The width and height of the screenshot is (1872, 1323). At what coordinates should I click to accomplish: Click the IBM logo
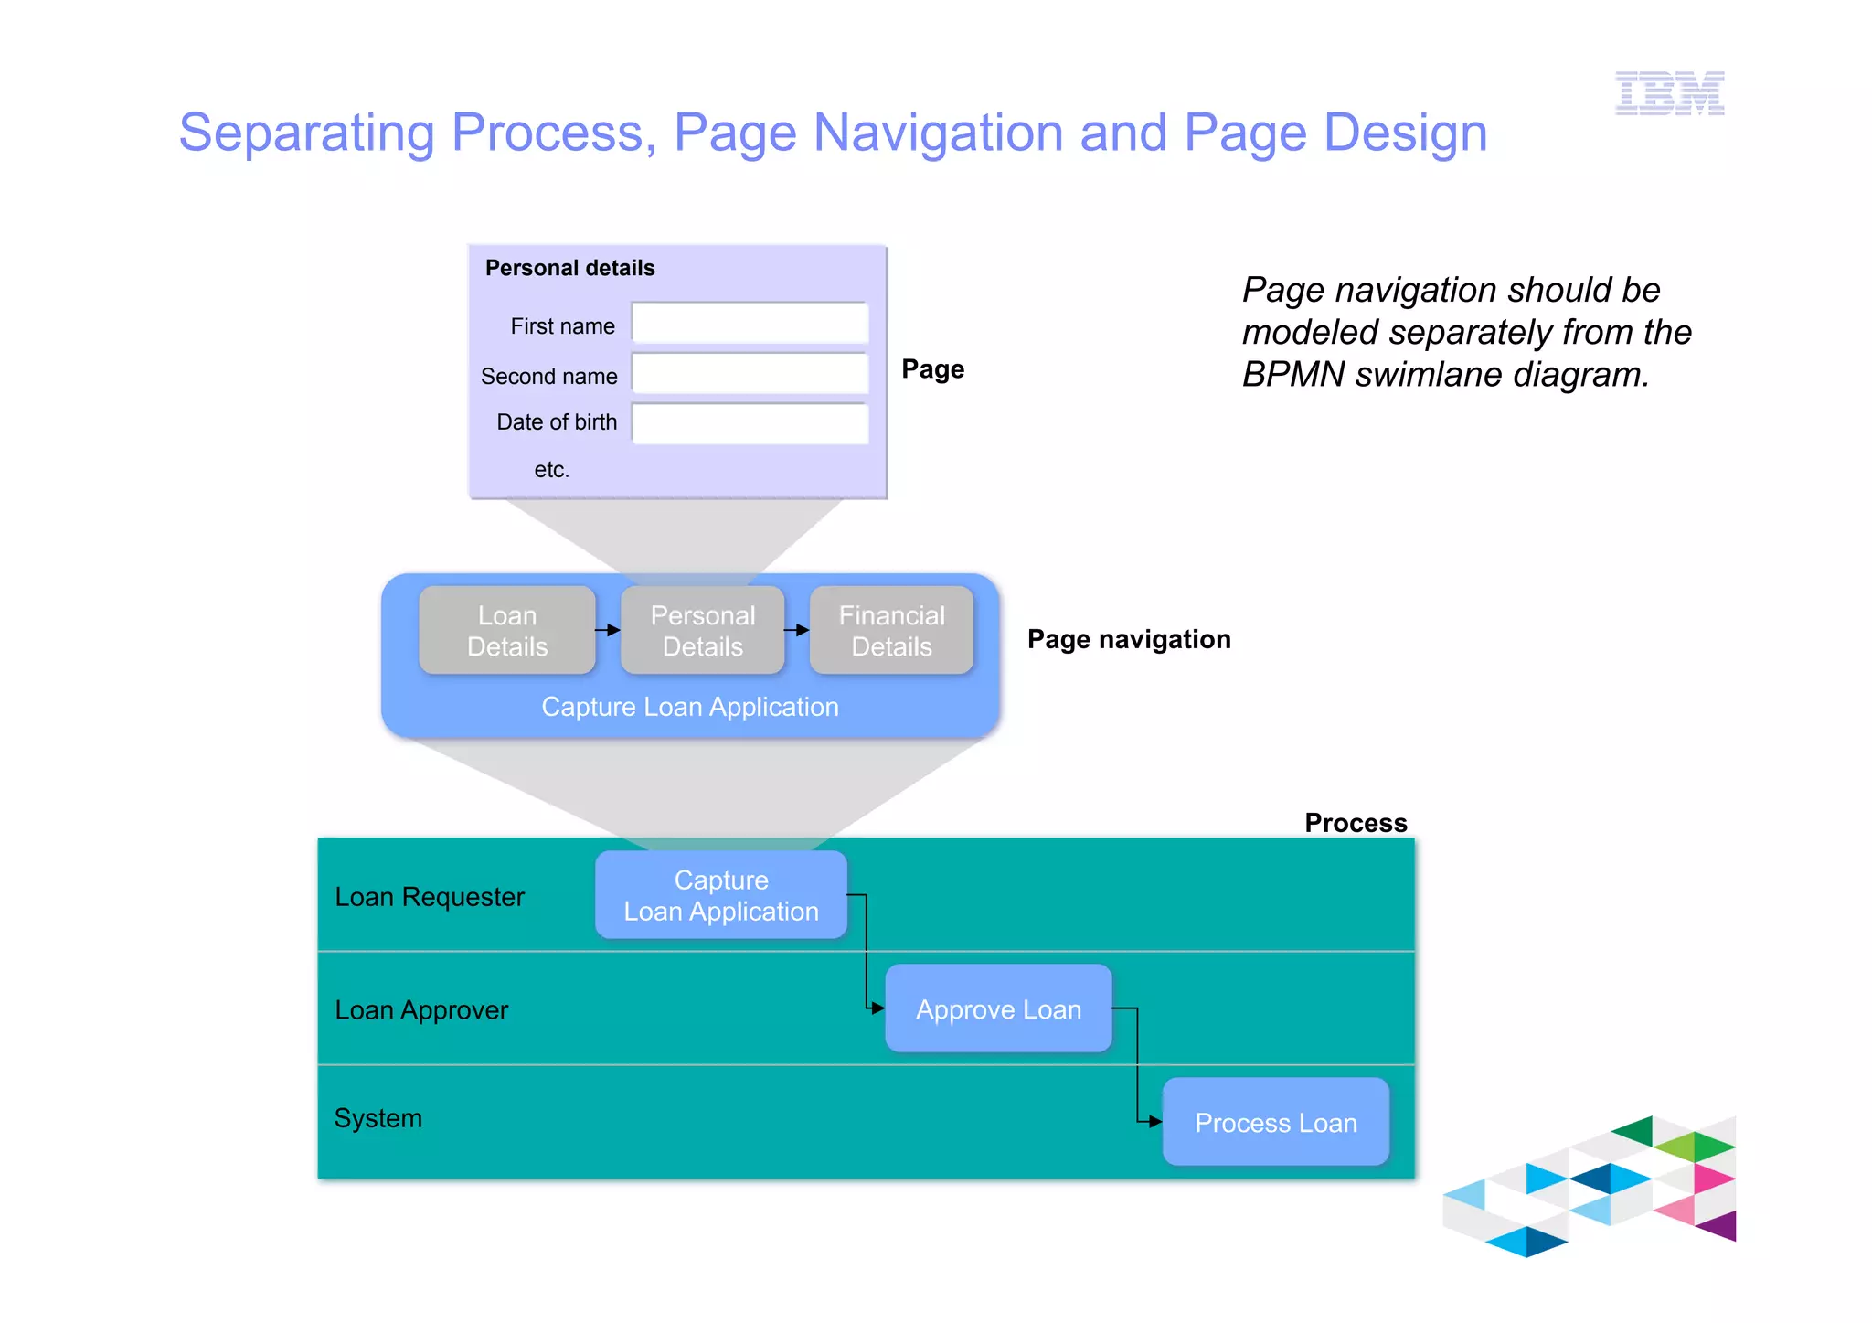[1669, 93]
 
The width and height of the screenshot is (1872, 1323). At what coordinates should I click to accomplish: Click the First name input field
[750, 324]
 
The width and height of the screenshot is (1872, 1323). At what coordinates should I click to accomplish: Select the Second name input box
[750, 374]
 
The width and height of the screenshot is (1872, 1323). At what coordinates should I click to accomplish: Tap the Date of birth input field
[750, 423]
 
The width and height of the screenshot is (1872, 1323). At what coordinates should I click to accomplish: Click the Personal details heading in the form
[569, 268]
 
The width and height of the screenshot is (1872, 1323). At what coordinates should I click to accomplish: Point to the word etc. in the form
[551, 470]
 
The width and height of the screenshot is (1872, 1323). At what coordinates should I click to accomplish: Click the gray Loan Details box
[507, 631]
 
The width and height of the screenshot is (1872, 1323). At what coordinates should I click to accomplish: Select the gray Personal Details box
[702, 631]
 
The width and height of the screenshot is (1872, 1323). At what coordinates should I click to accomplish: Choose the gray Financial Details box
[891, 631]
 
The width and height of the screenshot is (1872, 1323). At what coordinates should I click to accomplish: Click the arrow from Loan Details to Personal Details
[609, 630]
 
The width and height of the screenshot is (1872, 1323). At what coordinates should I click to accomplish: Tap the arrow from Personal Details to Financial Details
[797, 630]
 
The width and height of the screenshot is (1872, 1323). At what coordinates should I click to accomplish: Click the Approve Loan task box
[998, 1009]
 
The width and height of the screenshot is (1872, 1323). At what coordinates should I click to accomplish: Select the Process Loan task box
[1275, 1123]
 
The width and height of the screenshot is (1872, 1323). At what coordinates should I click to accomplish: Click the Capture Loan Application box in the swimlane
[721, 895]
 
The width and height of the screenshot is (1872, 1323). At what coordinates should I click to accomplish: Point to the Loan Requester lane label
[430, 897]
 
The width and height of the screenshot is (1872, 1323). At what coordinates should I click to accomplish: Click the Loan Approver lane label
[421, 1010]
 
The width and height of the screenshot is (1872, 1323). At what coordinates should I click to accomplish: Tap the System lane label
[378, 1118]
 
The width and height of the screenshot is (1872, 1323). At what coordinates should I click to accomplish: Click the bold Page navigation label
[1129, 639]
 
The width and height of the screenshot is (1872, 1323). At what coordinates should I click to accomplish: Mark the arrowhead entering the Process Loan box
[1155, 1121]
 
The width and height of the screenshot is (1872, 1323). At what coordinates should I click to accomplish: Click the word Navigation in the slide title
[938, 133]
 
